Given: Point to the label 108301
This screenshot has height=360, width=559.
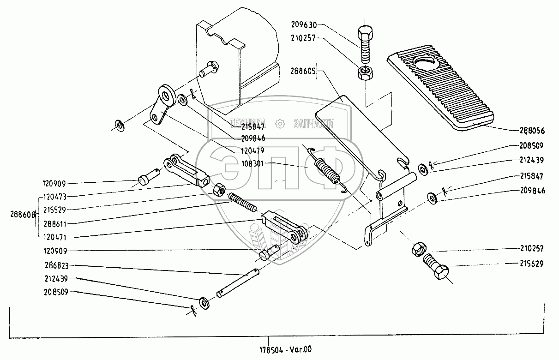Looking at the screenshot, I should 253,163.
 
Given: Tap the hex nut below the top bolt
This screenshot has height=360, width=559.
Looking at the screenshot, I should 365,72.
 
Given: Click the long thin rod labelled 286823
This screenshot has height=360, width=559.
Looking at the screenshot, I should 238,282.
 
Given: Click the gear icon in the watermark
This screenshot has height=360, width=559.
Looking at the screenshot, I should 279,123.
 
